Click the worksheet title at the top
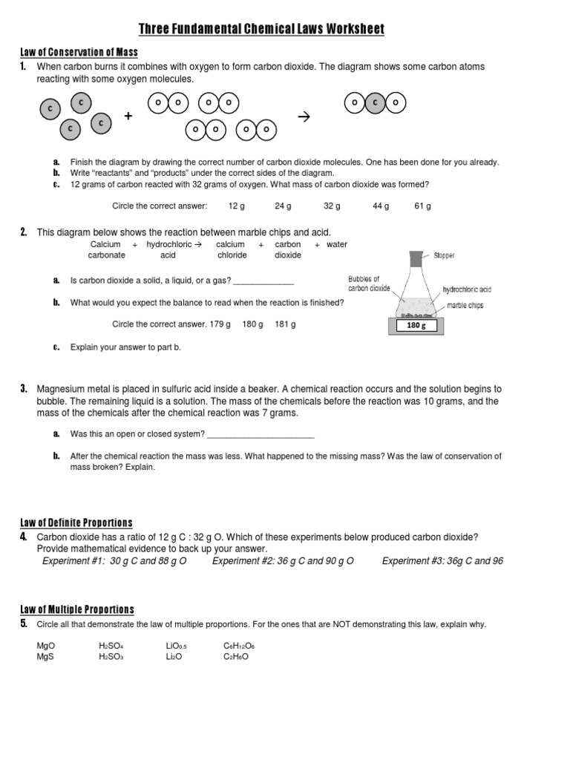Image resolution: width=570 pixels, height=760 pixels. [262, 29]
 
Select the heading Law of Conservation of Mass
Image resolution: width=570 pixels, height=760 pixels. [79, 52]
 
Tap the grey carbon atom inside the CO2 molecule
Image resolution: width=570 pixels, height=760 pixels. [376, 103]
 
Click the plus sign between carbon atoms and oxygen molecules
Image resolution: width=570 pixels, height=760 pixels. [128, 117]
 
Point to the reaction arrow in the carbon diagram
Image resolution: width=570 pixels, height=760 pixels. [302, 117]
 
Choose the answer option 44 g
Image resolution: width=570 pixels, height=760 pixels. [381, 206]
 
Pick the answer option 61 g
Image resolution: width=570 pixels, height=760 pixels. [422, 206]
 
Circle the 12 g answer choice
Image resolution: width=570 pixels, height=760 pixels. [237, 206]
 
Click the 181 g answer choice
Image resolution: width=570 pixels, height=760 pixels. [286, 324]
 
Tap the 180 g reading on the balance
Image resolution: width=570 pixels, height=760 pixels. [413, 325]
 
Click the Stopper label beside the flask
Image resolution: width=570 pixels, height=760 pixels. [444, 255]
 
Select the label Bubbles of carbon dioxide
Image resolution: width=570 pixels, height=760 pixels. [369, 284]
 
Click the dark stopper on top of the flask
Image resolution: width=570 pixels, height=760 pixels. [416, 259]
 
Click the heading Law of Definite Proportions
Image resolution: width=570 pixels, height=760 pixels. [76, 523]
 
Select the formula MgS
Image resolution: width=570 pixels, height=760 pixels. [45, 657]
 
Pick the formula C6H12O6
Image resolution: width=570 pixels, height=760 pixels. [239, 646]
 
